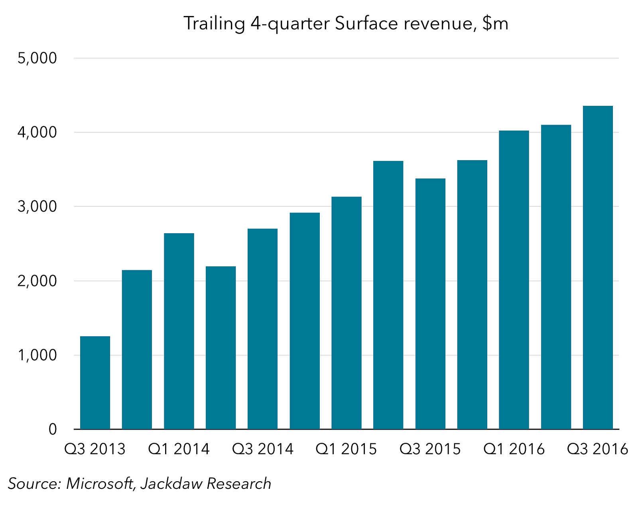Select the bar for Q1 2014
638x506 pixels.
point(179,331)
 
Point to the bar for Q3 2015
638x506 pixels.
point(430,304)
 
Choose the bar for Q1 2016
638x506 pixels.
point(514,280)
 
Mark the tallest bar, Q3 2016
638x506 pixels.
point(598,267)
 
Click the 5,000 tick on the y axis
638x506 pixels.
point(37,59)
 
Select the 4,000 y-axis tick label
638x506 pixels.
point(37,133)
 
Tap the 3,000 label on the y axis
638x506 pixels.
point(37,207)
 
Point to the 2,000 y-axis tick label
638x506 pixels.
point(37,281)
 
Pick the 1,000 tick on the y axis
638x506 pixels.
point(37,355)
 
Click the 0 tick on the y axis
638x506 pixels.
point(52,430)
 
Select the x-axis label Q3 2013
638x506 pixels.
point(95,449)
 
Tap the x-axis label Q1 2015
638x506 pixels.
point(346,449)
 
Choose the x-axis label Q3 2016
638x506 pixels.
point(597,449)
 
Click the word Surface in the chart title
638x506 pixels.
point(366,24)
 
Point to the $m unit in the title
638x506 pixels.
point(495,24)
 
